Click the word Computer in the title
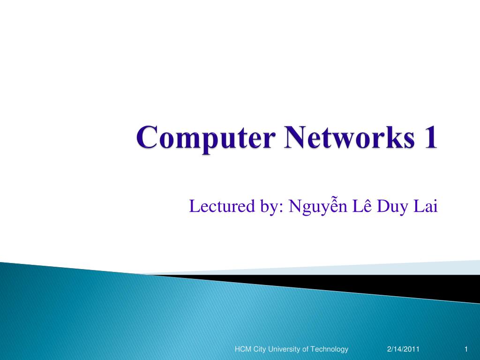click(205, 138)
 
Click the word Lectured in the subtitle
click(222, 206)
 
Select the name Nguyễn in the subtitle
click(318, 206)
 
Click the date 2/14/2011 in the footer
click(403, 349)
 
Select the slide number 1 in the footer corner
click(466, 349)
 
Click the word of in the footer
click(305, 349)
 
